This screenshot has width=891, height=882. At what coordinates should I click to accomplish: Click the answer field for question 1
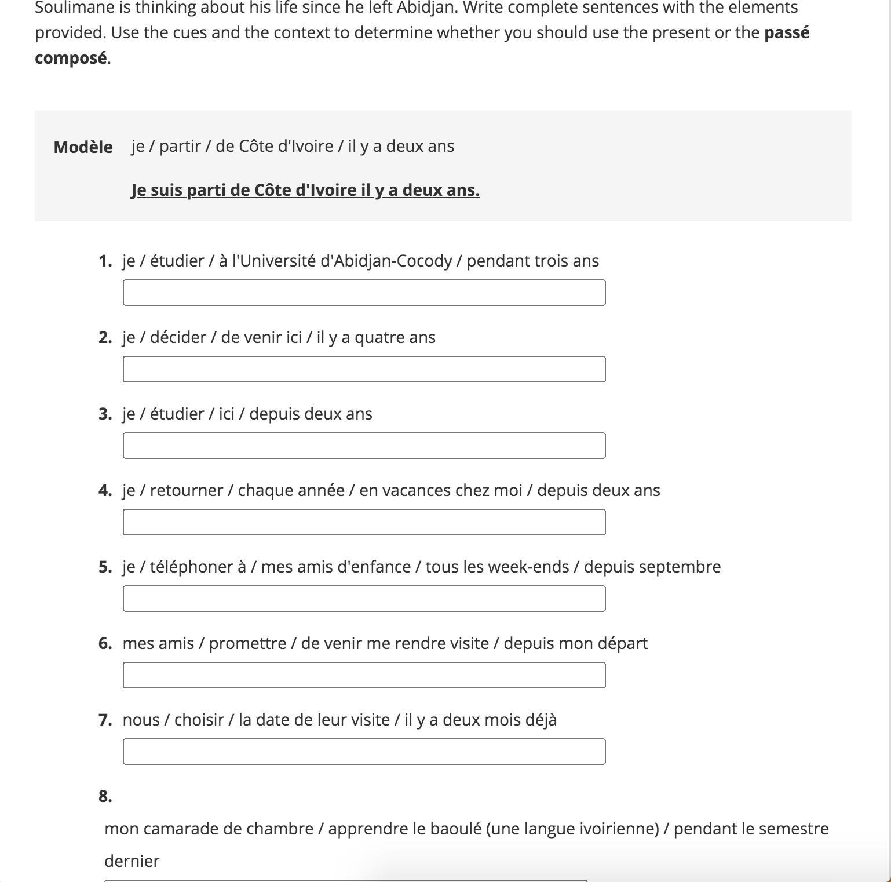click(x=364, y=293)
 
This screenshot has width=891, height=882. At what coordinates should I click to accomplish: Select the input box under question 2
click(x=364, y=369)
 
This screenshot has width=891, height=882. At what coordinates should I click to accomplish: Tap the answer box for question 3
click(x=364, y=446)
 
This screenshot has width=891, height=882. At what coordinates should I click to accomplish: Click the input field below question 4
click(x=364, y=522)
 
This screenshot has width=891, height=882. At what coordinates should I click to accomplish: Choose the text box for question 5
click(x=364, y=599)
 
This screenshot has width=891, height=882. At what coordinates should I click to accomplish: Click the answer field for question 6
click(x=364, y=675)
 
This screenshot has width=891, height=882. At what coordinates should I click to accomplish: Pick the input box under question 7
click(x=364, y=752)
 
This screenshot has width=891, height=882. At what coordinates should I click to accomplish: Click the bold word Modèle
click(x=83, y=147)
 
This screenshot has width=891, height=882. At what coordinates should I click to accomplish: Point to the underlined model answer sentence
click(x=305, y=190)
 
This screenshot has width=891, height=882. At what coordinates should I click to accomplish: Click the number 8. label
click(x=105, y=796)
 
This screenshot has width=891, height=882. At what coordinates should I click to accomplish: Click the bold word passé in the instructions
click(x=787, y=32)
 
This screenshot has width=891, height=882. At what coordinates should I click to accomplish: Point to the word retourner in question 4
click(x=186, y=490)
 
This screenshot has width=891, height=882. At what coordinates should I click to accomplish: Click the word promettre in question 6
click(x=247, y=643)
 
